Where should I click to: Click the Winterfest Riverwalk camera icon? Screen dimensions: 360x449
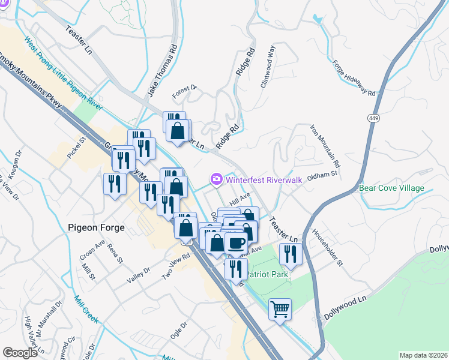[216, 179]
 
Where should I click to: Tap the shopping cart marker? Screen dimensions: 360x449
[279, 309]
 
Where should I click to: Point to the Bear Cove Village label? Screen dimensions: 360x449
[391, 188]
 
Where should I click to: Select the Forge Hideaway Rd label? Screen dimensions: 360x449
[354, 79]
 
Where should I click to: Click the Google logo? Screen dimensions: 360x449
[20, 353]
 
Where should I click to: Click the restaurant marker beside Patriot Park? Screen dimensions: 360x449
[290, 254]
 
